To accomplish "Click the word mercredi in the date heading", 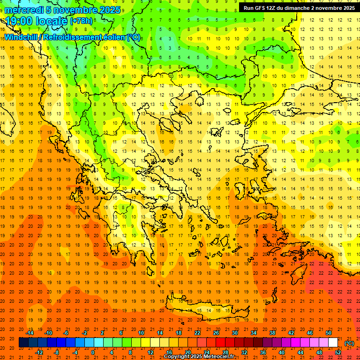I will click(25, 10).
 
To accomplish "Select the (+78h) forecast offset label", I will click(81, 21).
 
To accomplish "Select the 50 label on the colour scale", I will click(328, 332).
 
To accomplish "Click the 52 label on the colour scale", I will click(337, 352).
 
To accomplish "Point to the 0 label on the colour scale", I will click(93, 352).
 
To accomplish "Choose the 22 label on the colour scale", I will click(197, 332).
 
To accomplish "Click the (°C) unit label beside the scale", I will click(349, 343).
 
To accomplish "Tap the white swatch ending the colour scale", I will click(333, 343).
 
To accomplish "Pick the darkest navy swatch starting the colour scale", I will click(23, 343).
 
